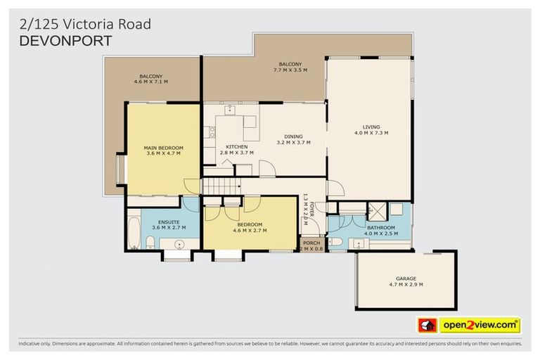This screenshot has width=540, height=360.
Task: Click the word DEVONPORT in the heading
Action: click(x=65, y=41)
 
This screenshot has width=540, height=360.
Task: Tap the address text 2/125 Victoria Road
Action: click(x=84, y=25)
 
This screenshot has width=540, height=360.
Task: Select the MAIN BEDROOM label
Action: click(x=163, y=148)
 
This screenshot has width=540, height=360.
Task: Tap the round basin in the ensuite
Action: click(x=180, y=245)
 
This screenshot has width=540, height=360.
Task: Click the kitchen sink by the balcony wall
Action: click(x=230, y=110)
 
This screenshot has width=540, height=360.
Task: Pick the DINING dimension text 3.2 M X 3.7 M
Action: click(x=293, y=142)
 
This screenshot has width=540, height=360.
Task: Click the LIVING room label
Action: click(x=371, y=127)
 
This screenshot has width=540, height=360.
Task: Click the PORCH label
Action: click(x=311, y=243)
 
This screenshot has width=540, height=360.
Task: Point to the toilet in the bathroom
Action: click(x=335, y=243)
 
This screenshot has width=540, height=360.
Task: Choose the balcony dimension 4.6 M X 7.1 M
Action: click(x=150, y=82)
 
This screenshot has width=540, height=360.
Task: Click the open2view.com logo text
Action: click(x=479, y=325)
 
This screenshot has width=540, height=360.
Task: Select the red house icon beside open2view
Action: click(x=427, y=325)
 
